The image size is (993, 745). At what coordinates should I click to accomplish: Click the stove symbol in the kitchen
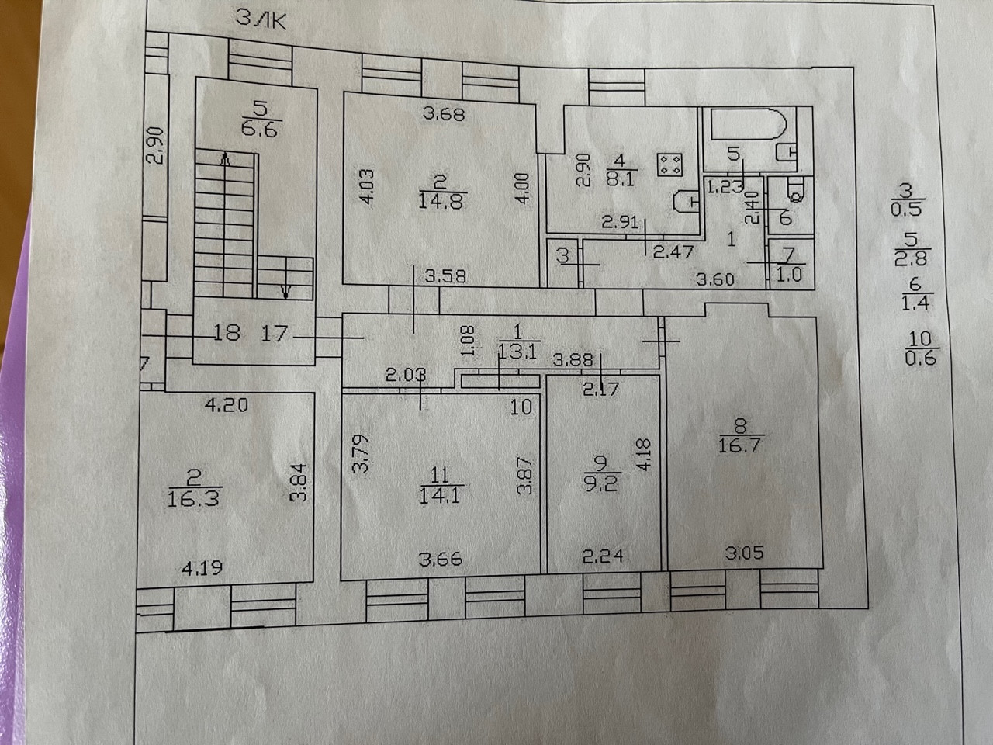click(669, 165)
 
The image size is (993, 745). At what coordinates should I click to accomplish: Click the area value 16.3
click(193, 497)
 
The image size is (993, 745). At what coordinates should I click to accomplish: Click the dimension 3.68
click(443, 114)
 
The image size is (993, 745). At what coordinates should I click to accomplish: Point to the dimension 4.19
click(202, 568)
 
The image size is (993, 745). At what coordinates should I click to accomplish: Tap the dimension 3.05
click(744, 553)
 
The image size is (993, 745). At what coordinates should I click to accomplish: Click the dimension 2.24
click(601, 556)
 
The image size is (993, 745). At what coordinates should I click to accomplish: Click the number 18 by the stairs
click(227, 334)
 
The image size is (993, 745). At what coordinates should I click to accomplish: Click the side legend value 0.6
click(921, 358)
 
